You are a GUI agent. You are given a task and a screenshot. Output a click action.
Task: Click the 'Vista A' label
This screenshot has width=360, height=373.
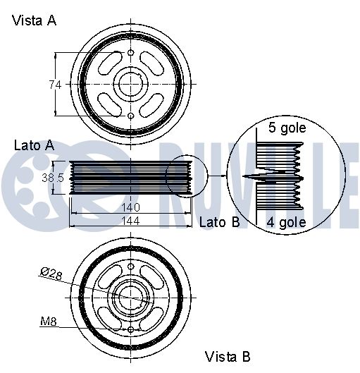click(x=34, y=20)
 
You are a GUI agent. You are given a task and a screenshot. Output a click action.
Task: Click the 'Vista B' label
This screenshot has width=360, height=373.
click(x=228, y=357)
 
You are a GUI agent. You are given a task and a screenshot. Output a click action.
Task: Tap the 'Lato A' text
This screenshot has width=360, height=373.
click(x=35, y=145)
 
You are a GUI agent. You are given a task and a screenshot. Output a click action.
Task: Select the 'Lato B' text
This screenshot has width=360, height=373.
click(x=219, y=222)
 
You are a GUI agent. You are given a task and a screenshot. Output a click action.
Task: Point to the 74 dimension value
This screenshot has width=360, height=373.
click(x=55, y=85)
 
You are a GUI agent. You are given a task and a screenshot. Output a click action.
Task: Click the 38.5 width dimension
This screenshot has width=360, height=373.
click(x=53, y=178)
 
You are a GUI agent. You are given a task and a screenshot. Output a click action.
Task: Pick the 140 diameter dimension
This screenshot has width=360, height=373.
click(x=130, y=207)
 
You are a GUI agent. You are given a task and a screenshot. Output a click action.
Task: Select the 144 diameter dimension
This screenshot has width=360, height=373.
click(x=130, y=221)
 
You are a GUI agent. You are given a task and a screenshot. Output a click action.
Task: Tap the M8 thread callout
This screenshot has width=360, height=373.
click(x=49, y=322)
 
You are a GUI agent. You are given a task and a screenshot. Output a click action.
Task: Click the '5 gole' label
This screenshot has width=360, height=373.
click(x=287, y=128)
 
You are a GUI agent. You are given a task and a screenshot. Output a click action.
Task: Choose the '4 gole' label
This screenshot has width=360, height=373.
click(x=286, y=222)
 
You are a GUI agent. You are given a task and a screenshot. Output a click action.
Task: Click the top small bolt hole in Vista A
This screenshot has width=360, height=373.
click(x=131, y=53)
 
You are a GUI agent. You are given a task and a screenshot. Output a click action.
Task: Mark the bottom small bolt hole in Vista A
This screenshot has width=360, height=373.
click(x=131, y=116)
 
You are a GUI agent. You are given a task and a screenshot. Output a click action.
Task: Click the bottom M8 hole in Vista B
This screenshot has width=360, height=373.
click(x=131, y=330)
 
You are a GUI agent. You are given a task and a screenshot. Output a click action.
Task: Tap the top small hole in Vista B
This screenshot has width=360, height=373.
click(x=131, y=267)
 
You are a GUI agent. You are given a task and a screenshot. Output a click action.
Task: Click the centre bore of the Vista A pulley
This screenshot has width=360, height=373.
click(x=131, y=84)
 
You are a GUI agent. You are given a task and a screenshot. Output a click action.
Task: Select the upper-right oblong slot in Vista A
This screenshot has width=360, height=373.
click(x=151, y=63)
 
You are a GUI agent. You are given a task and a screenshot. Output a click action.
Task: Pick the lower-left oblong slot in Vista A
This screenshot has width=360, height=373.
click(x=110, y=105)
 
